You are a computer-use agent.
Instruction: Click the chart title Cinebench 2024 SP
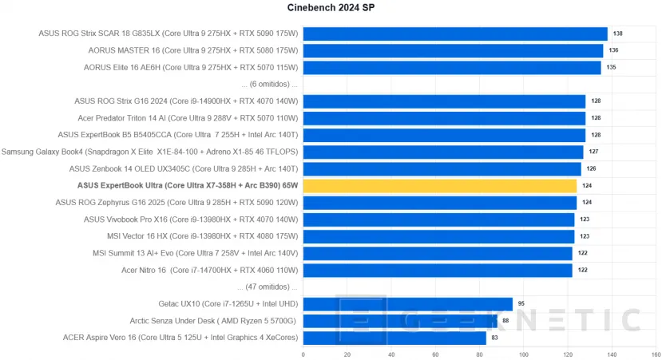330,9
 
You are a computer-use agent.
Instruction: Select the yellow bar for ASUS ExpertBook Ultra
440,186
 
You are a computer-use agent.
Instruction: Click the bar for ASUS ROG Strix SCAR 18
455,34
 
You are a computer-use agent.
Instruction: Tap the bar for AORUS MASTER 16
453,50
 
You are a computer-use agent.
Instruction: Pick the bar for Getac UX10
407,303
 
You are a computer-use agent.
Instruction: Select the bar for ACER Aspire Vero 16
394,338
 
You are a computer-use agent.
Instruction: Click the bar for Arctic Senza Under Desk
400,321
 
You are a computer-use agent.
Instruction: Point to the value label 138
617,34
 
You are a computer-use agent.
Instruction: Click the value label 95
522,303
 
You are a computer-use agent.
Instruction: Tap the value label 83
496,338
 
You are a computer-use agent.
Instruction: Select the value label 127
593,152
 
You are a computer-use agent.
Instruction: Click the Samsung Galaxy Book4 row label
149,152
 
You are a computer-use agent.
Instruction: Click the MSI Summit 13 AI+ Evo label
195,253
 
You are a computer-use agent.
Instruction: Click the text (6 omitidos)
269,84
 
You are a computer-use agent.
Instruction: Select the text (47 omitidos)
268,287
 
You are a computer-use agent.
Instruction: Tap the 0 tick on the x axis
303,354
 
